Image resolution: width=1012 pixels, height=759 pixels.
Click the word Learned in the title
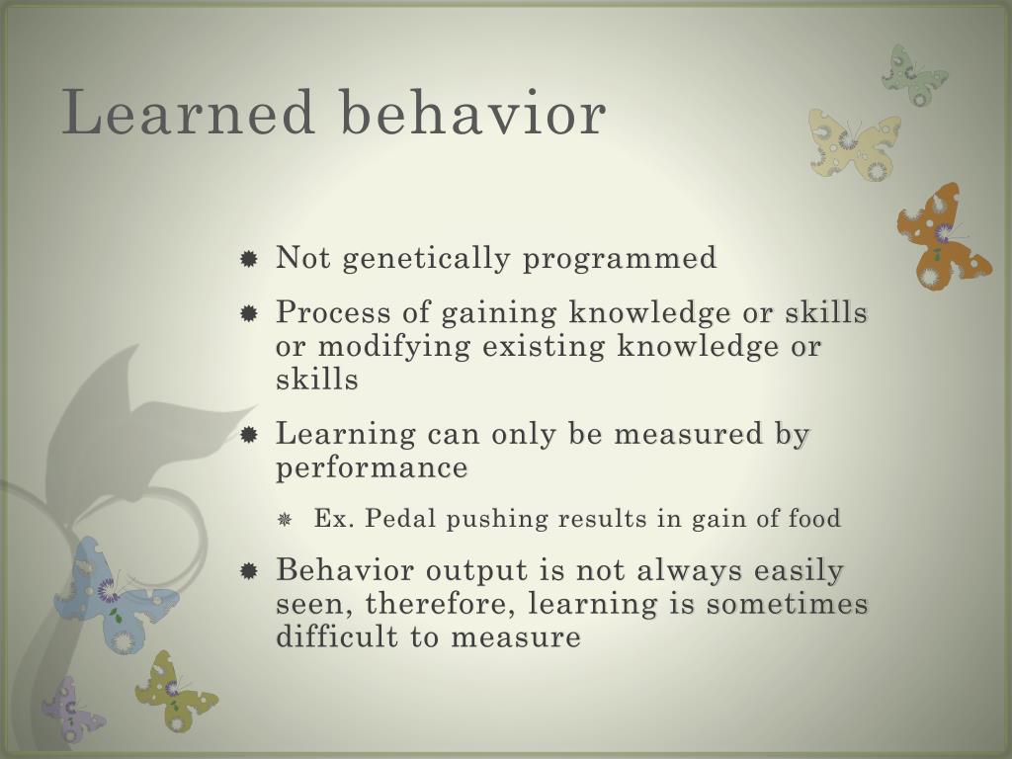click(x=188, y=113)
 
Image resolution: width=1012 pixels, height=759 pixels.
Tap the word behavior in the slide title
click(x=473, y=113)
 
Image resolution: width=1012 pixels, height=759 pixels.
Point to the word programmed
click(x=620, y=259)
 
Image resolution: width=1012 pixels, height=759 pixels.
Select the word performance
click(x=372, y=467)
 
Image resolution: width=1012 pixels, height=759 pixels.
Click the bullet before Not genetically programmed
click(x=249, y=260)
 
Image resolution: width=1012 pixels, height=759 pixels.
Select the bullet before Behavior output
click(x=249, y=572)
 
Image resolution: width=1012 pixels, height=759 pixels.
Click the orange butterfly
click(x=941, y=237)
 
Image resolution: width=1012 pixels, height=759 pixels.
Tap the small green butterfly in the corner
click(x=913, y=74)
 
